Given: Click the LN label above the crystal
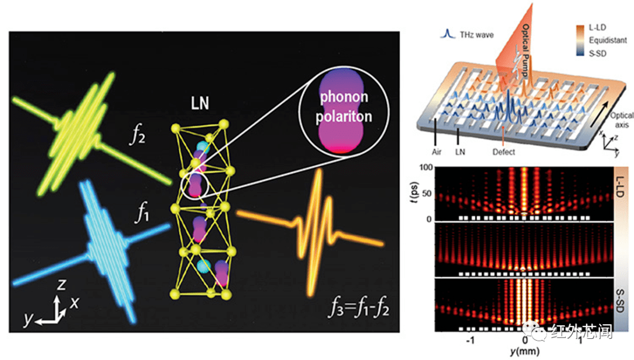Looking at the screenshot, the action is pyautogui.click(x=200, y=103).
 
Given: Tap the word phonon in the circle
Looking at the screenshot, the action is pyautogui.click(x=344, y=97).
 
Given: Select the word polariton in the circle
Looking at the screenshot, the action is pyautogui.click(x=343, y=116).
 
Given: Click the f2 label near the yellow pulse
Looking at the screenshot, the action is pyautogui.click(x=137, y=134).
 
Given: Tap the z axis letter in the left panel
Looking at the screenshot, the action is pyautogui.click(x=61, y=284).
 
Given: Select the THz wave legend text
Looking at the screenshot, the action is pyautogui.click(x=477, y=35).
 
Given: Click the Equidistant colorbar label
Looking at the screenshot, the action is pyautogui.click(x=608, y=40).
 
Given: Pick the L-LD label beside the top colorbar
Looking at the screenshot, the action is pyautogui.click(x=597, y=28).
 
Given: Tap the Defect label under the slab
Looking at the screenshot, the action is pyautogui.click(x=504, y=152).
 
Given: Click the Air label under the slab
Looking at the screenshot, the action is pyautogui.click(x=436, y=152).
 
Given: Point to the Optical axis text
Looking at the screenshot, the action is pyautogui.click(x=622, y=120).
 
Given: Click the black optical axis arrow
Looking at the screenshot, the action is pyautogui.click(x=600, y=114).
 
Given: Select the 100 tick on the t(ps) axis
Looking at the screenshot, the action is pyautogui.click(x=426, y=167).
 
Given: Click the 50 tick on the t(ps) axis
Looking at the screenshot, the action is pyautogui.click(x=427, y=193).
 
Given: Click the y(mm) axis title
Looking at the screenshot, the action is pyautogui.click(x=525, y=351).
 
